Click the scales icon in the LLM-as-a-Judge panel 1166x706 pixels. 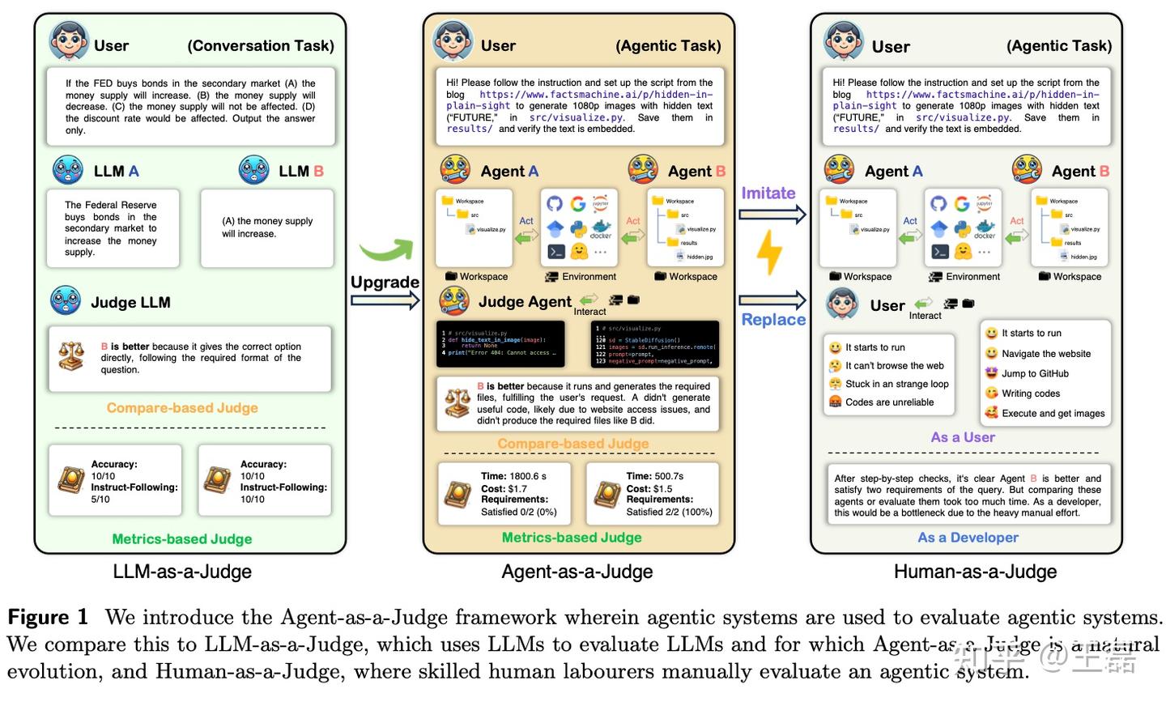[x=71, y=356]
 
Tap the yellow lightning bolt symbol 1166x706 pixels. [x=768, y=252]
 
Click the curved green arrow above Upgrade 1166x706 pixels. [x=385, y=250]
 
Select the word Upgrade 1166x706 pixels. [x=385, y=283]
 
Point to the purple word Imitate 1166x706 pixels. [x=768, y=194]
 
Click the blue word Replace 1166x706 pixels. [x=773, y=320]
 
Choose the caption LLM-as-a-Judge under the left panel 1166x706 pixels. [x=182, y=572]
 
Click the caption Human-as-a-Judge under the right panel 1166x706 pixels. [x=975, y=572]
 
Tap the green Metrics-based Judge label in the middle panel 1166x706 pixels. [x=572, y=538]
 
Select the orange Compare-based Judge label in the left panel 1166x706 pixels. [x=182, y=408]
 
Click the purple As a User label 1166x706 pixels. [x=963, y=437]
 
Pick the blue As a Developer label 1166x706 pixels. [x=968, y=538]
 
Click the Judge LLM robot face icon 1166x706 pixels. [x=66, y=301]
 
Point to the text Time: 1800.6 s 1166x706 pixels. [x=513, y=476]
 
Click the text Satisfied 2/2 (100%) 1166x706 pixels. [x=669, y=512]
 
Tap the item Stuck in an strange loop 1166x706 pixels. [x=896, y=384]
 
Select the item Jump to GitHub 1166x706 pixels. [x=1035, y=373]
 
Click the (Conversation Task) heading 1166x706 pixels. [x=261, y=46]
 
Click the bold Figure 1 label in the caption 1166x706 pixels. [x=48, y=617]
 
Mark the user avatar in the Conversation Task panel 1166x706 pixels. [x=69, y=40]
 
